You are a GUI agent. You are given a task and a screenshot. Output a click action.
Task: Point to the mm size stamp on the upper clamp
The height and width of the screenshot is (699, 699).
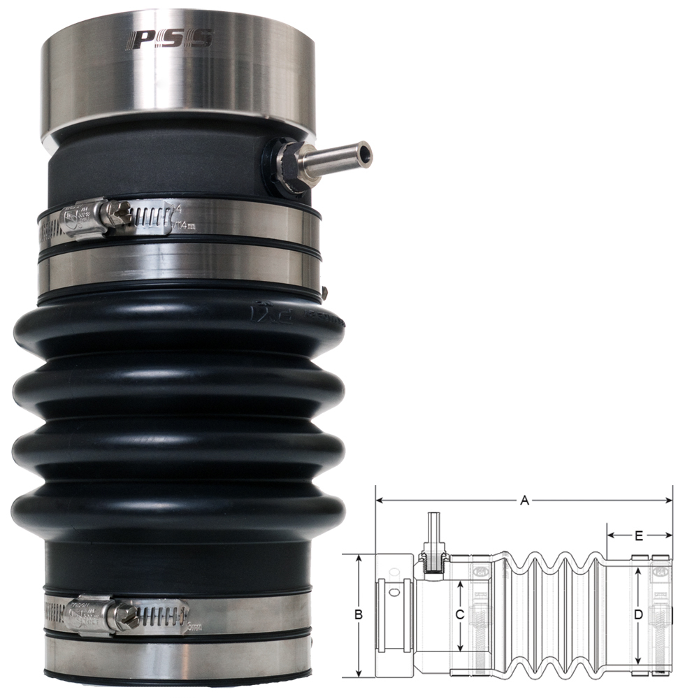pyautogui.click(x=185, y=225)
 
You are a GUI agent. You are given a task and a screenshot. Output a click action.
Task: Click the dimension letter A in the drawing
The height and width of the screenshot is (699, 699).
pyautogui.click(x=524, y=500)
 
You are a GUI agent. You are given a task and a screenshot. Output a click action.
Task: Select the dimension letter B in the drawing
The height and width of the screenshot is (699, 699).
pyautogui.click(x=359, y=615)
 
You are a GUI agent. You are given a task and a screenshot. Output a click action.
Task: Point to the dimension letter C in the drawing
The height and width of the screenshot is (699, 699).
pyautogui.click(x=459, y=615)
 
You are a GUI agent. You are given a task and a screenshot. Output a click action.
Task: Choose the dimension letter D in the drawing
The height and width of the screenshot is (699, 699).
pyautogui.click(x=637, y=615)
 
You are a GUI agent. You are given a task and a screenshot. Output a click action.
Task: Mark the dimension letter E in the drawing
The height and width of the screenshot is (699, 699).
pyautogui.click(x=639, y=536)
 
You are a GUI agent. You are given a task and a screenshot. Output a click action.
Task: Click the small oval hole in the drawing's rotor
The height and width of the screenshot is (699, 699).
pyautogui.click(x=396, y=592)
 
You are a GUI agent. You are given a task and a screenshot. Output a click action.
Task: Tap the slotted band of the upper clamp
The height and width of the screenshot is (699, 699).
pyautogui.click(x=150, y=219)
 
